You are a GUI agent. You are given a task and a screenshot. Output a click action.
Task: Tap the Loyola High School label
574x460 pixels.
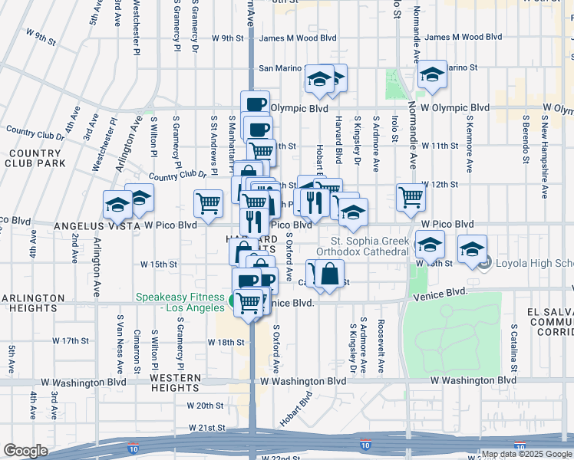[534, 264]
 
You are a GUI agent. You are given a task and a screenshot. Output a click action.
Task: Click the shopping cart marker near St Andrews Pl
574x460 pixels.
[209, 203]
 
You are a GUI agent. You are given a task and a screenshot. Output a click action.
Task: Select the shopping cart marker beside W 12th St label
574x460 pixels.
[411, 196]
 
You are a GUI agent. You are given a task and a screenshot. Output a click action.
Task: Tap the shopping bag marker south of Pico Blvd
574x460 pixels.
[329, 274]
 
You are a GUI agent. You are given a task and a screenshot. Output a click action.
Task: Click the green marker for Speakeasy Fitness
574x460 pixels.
[233, 300]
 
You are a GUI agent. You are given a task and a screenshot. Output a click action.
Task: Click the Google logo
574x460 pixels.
[25, 451]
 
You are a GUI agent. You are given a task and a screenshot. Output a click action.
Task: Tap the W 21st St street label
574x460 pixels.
[205, 427]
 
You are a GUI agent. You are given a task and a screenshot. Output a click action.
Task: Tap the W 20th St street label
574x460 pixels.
[205, 406]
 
